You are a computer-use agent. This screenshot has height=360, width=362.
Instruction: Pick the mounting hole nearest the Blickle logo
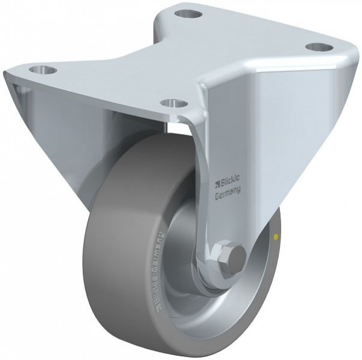175,102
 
